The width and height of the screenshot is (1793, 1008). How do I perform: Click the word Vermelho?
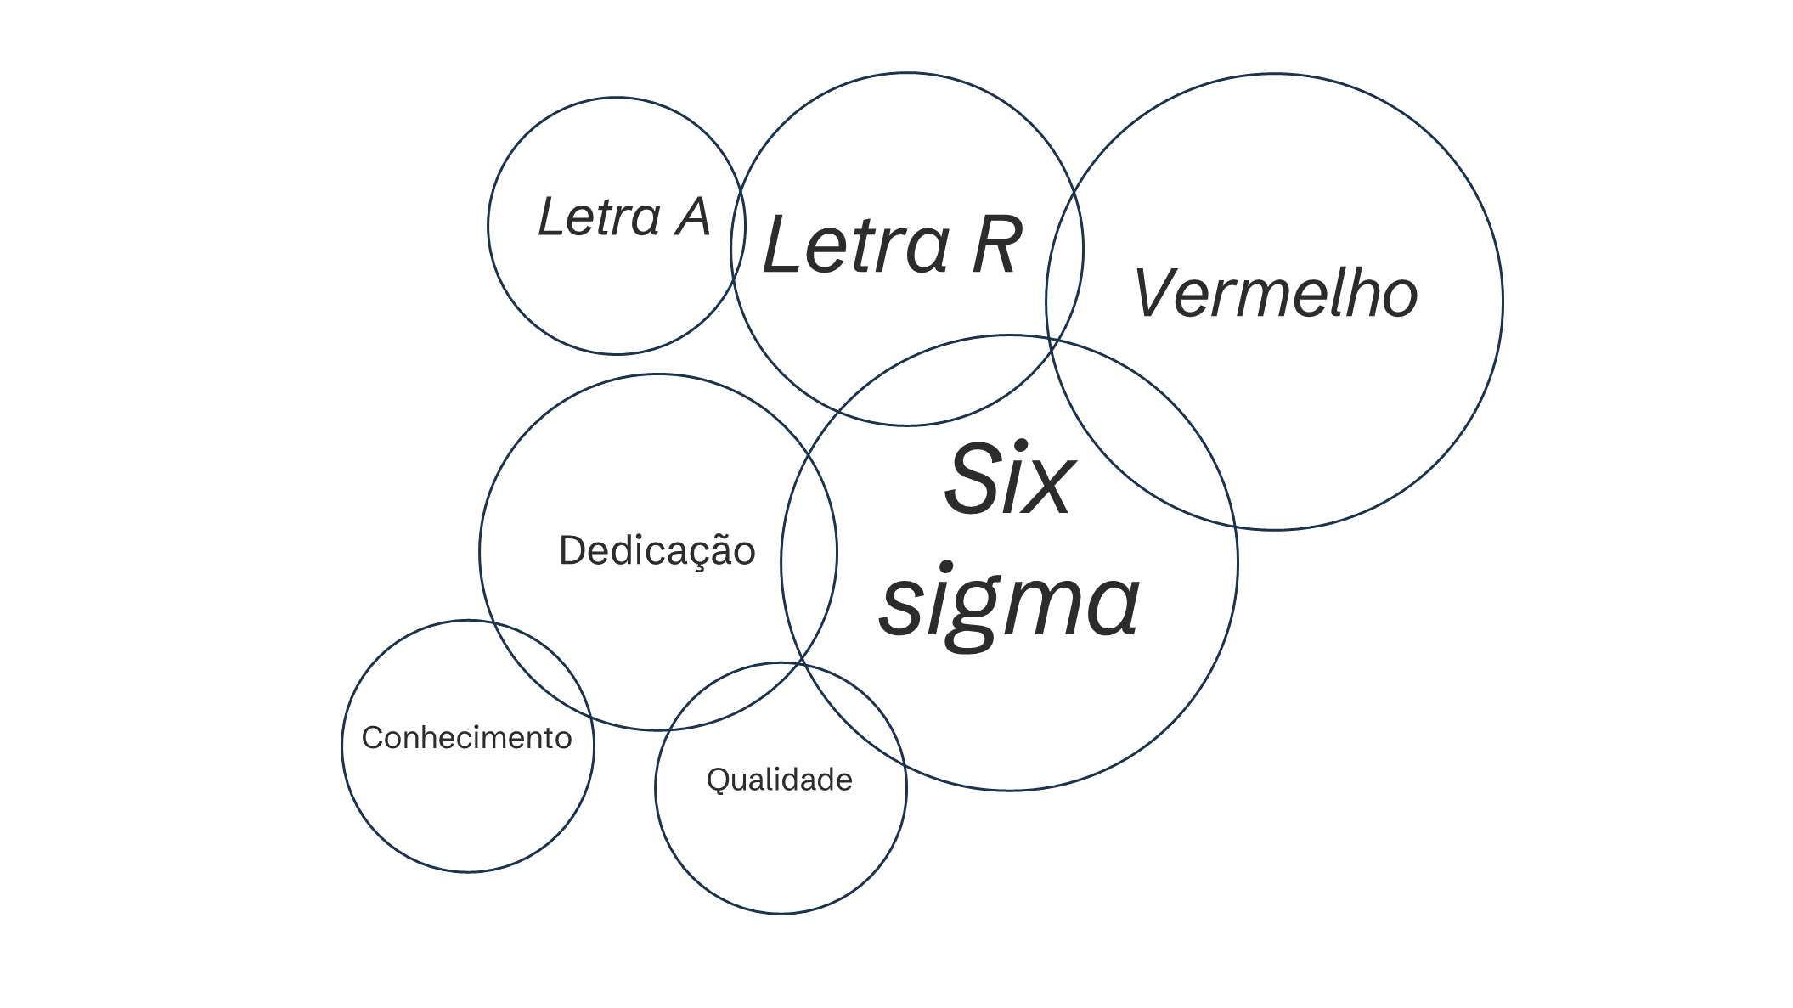tap(1276, 294)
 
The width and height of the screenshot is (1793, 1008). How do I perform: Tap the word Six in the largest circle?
tap(1009, 479)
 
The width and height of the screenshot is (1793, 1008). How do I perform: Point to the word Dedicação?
tap(657, 551)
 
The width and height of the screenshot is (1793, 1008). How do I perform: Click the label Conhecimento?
tap(466, 738)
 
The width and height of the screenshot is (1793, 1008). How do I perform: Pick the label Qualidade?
tap(780, 780)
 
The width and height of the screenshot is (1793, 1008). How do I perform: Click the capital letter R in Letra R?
tap(995, 245)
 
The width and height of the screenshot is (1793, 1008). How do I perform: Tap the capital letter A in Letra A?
tap(692, 217)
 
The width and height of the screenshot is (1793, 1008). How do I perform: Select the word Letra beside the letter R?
tap(855, 245)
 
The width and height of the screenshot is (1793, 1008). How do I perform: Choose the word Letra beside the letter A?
tap(600, 217)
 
